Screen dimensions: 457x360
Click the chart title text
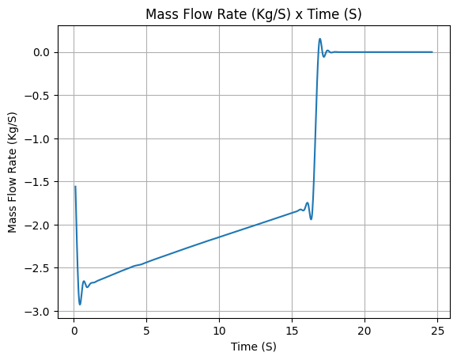pos(253,14)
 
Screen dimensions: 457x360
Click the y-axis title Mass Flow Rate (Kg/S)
pos(12,172)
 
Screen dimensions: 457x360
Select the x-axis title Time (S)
pos(253,347)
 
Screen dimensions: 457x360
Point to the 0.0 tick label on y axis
pos(42,52)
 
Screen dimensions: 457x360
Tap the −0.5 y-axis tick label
pos(38,96)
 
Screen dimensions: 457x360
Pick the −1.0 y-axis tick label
pos(38,139)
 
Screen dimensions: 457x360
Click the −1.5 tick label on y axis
pos(38,182)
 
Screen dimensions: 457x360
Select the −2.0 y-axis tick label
pos(38,225)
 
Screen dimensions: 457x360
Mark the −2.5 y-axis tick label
pos(38,268)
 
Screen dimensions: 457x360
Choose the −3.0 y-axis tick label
pos(38,312)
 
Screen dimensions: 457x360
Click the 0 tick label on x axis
pos(74,331)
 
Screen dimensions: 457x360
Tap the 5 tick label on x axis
pos(146,331)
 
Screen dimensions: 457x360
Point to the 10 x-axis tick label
pos(219,331)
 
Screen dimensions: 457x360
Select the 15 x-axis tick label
pos(292,331)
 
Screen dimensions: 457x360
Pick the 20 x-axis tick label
pos(364,331)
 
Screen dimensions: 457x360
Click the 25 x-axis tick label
pos(437,331)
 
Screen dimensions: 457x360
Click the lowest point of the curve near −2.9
pos(80,305)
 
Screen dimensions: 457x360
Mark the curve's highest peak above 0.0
pos(320,39)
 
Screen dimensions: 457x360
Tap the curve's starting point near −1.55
pos(75,187)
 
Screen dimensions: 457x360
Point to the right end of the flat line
pos(432,52)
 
